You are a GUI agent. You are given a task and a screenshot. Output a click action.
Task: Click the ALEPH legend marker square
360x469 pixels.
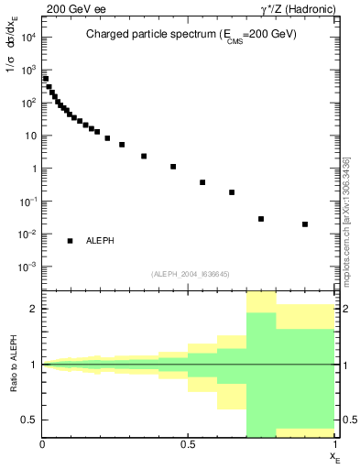pos(70,241)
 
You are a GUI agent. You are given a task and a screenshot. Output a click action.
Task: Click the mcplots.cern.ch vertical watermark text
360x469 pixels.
pos(345,220)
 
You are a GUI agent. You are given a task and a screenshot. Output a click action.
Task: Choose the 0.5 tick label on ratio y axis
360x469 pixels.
pos(29,420)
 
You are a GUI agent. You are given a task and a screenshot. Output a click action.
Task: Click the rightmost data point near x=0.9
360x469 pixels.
pos(305,224)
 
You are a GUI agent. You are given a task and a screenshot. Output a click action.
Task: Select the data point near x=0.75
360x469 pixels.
pos(261,219)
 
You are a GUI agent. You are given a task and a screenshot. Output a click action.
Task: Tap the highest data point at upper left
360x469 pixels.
pos(46,79)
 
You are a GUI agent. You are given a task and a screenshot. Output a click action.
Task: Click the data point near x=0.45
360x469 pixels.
pos(173,167)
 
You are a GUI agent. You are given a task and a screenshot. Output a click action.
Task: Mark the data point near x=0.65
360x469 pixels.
pos(232,192)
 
